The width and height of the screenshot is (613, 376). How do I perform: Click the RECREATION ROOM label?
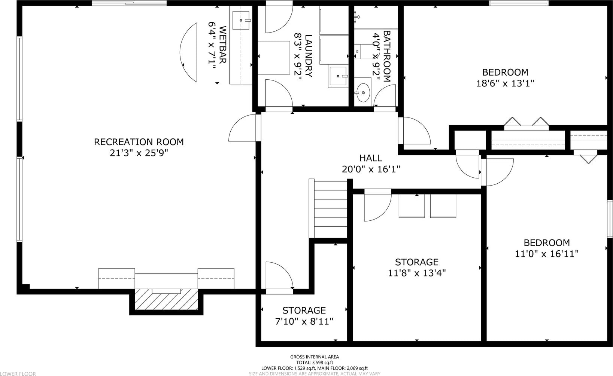click(139, 142)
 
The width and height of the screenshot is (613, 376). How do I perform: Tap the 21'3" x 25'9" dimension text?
click(139, 153)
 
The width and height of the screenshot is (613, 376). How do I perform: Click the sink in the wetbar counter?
click(241, 20)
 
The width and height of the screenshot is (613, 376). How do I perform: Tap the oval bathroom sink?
click(363, 93)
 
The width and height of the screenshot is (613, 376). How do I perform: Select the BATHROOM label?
click(387, 56)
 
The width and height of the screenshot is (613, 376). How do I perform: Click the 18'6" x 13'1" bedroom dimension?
click(505, 83)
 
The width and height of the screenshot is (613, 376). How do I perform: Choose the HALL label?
click(371, 158)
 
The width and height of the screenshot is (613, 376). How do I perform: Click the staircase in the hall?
click(328, 208)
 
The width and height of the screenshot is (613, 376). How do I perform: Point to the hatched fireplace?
click(166, 299)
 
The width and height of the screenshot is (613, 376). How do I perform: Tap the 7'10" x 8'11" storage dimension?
click(304, 321)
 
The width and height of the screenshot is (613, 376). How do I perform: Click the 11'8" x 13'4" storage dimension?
click(417, 273)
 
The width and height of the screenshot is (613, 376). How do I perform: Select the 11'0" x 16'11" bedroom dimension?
click(547, 254)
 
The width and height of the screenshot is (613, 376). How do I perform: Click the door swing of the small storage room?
click(283, 271)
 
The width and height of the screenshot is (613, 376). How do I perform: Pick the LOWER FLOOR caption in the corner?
click(18, 374)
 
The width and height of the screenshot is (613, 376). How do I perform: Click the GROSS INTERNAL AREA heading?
click(315, 357)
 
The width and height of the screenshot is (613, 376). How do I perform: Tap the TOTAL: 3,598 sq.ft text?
click(315, 363)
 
